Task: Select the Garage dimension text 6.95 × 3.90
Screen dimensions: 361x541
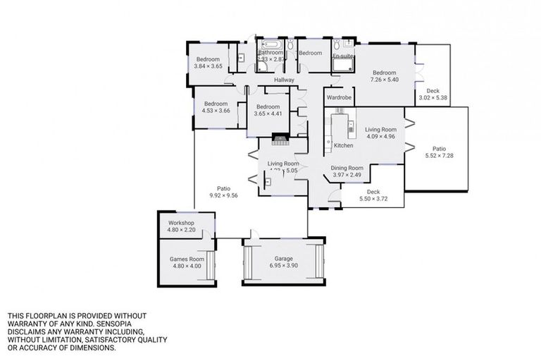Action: point(284,266)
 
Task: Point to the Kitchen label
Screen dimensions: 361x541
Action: point(343,145)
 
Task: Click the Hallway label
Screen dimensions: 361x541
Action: point(284,80)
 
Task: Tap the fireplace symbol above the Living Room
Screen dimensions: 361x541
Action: point(281,139)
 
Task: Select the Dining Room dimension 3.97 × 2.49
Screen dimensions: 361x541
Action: point(347,175)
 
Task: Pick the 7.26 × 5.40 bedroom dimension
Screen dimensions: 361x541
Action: point(385,80)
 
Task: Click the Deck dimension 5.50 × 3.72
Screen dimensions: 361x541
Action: point(373,199)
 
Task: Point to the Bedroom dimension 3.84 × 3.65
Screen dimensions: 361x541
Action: point(209,66)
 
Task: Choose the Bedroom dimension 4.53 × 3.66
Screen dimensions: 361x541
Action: point(215,110)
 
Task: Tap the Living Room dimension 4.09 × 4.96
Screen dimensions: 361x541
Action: point(380,136)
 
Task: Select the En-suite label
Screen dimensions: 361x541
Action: point(342,55)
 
